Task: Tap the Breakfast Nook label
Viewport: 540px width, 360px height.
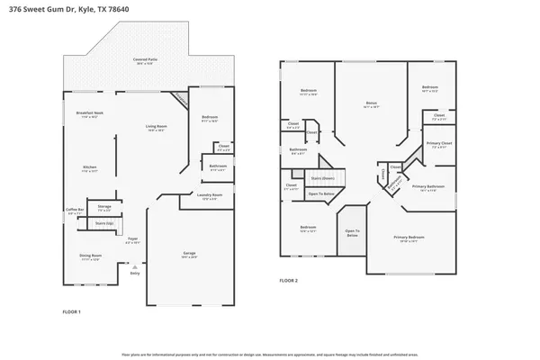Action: (88, 113)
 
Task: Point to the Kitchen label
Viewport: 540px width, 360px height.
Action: (90, 167)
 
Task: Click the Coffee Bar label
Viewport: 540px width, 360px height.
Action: (74, 210)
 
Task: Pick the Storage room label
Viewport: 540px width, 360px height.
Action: (104, 207)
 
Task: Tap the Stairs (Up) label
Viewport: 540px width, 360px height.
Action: (104, 222)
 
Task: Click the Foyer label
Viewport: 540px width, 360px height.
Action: (132, 239)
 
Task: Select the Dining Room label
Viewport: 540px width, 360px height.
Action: (89, 256)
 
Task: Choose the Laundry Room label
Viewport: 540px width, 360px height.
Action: (209, 196)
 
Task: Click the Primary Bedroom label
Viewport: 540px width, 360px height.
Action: (409, 238)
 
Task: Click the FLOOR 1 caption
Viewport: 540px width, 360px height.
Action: (71, 310)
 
